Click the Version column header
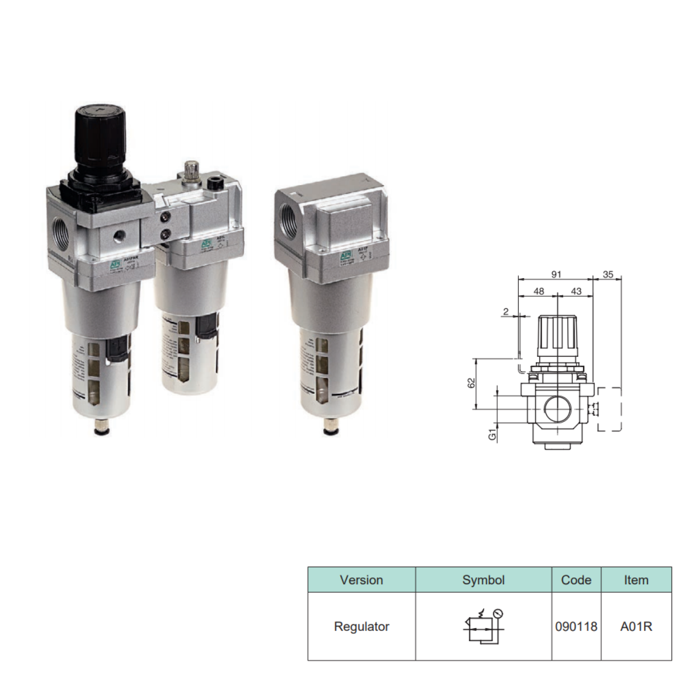[x=361, y=580]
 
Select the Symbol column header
[x=483, y=580]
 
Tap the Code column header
[x=576, y=580]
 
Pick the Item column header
[x=636, y=580]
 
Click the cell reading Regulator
[x=361, y=626]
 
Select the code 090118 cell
[x=576, y=626]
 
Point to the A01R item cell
[x=636, y=626]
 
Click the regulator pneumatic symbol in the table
[x=483, y=626]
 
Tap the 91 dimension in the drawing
[x=556, y=274]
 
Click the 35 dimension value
[x=608, y=274]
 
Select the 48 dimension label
[x=538, y=291]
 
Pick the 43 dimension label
[x=576, y=291]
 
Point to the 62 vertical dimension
[x=471, y=383]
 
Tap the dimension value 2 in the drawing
[x=506, y=312]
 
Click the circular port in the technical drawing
[x=556, y=408]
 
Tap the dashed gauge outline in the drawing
[x=609, y=409]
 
